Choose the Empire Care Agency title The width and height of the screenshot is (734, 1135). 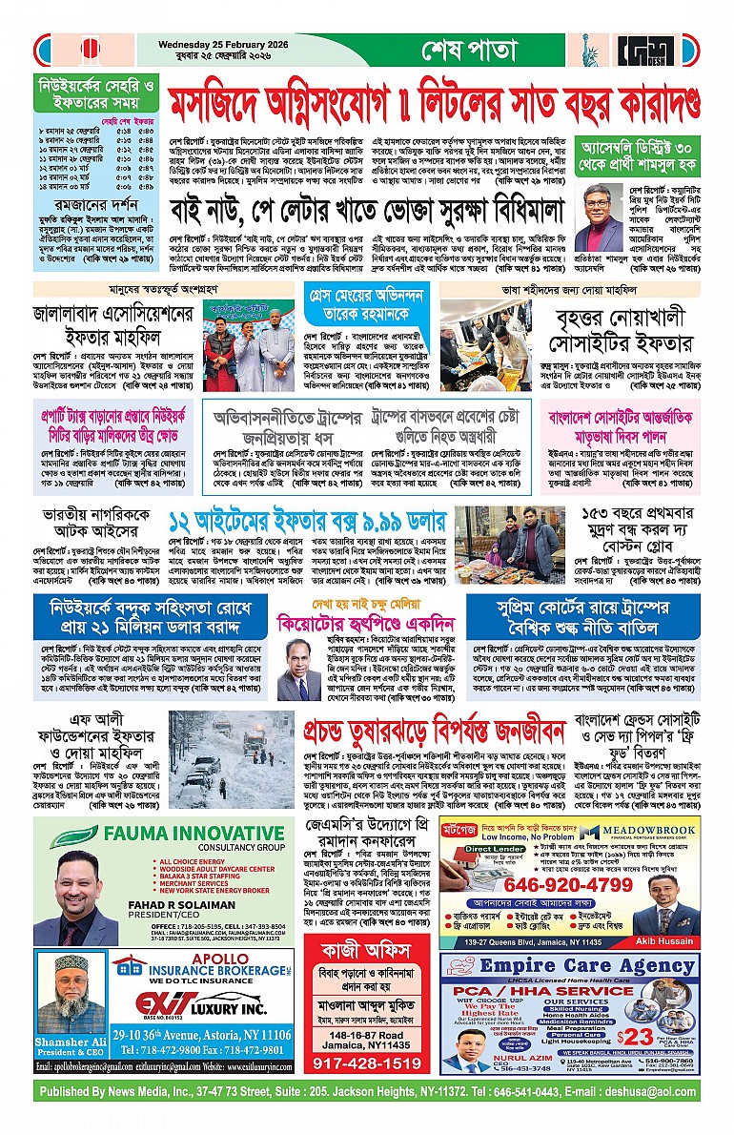click(573, 967)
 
